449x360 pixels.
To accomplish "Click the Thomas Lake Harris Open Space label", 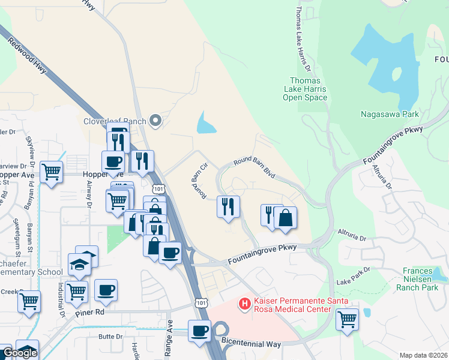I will pos(304,89).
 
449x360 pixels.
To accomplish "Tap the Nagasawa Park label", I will pos(390,113).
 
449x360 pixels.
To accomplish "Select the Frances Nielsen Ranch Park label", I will pos(422,279).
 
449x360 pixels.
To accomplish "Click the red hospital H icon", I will pos(244,305).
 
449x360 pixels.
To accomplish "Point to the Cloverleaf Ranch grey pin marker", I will pos(156,121).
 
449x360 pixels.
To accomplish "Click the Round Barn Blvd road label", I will pos(255,167).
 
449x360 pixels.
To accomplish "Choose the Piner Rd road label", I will pos(90,313).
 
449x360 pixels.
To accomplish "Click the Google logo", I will pos(19,353).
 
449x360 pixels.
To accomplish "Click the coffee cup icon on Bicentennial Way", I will pos(199,330).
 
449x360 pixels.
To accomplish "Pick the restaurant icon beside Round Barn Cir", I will pos(228,206).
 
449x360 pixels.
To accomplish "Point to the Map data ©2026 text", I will pos(423,355).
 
